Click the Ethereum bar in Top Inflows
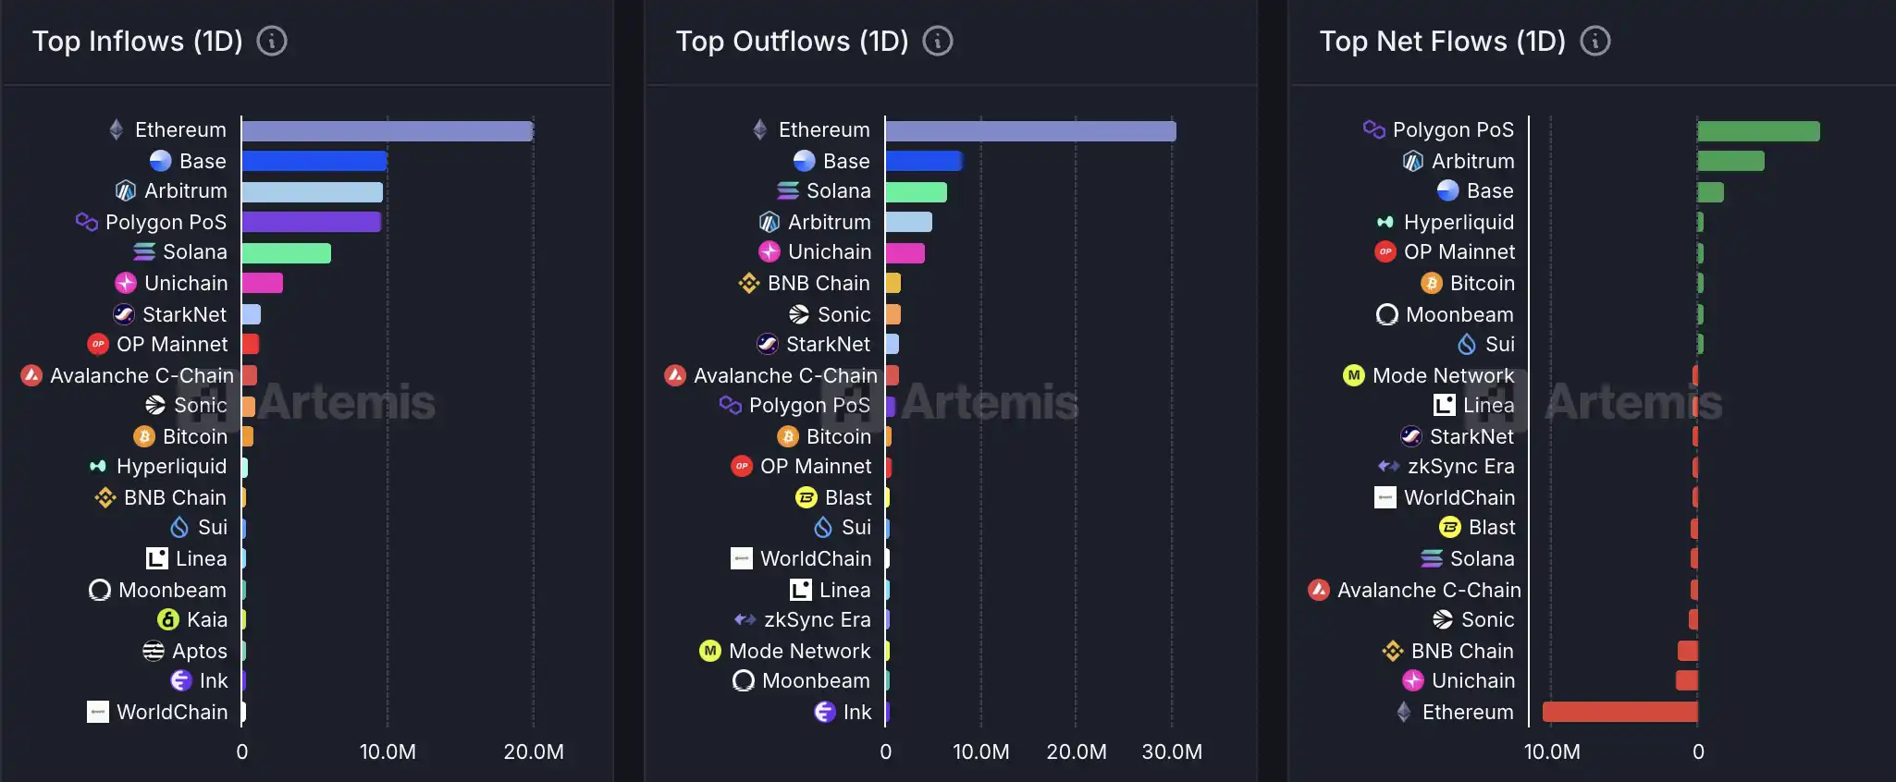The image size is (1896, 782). pyautogui.click(x=387, y=131)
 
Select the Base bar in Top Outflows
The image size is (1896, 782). pyautogui.click(x=923, y=161)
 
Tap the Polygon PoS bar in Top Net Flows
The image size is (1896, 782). pyautogui.click(x=1757, y=131)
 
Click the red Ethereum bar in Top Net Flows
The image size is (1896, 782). pyautogui.click(x=1619, y=712)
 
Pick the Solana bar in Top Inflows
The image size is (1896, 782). pyautogui.click(x=286, y=252)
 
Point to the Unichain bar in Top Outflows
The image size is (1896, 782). pyautogui.click(x=905, y=252)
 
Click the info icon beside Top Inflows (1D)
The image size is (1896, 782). pyautogui.click(x=272, y=42)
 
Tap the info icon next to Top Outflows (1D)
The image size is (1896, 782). pyautogui.click(x=938, y=42)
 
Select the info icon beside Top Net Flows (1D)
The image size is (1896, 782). pyautogui.click(x=1595, y=42)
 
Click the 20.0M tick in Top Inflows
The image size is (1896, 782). pyautogui.click(x=534, y=751)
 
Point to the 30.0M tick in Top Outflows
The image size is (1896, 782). pyautogui.click(x=1172, y=751)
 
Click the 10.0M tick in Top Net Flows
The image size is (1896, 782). pyautogui.click(x=1552, y=751)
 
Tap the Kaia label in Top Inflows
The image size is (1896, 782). pyautogui.click(x=207, y=619)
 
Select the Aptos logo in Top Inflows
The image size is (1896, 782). pyautogui.click(x=154, y=651)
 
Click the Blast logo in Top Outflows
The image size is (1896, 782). pyautogui.click(x=806, y=497)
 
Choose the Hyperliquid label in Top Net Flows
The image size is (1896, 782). pyautogui.click(x=1459, y=222)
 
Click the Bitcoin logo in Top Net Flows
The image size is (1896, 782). pyautogui.click(x=1432, y=283)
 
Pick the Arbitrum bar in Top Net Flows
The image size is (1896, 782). pyautogui.click(x=1730, y=161)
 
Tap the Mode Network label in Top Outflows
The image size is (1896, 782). pyautogui.click(x=799, y=651)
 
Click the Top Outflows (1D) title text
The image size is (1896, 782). pyautogui.click(x=792, y=42)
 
